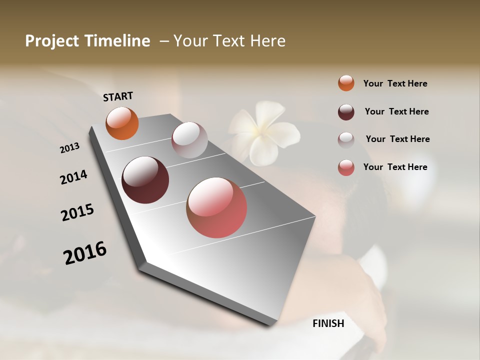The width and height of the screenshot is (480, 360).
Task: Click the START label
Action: pyautogui.click(x=118, y=96)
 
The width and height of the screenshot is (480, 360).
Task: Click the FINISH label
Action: pyautogui.click(x=328, y=323)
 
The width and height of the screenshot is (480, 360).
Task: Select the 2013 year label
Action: pyautogui.click(x=69, y=147)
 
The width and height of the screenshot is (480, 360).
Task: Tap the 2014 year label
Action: pyautogui.click(x=73, y=177)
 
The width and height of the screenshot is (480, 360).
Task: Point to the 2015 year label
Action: pyautogui.click(x=77, y=212)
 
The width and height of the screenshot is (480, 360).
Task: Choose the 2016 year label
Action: pyautogui.click(x=85, y=252)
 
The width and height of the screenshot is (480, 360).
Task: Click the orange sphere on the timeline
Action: pyautogui.click(x=122, y=123)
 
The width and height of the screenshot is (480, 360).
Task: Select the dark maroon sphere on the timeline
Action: pyautogui.click(x=145, y=180)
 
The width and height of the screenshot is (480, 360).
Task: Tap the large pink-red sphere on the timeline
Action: pyautogui.click(x=216, y=207)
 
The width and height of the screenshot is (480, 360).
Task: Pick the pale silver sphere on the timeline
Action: pyautogui.click(x=189, y=140)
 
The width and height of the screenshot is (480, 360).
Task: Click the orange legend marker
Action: pyautogui.click(x=346, y=83)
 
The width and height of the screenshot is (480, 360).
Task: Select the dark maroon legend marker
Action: pyautogui.click(x=346, y=111)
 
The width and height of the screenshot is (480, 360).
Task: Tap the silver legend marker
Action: pyautogui.click(x=346, y=139)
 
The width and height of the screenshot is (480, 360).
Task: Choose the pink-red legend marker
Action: pyautogui.click(x=346, y=167)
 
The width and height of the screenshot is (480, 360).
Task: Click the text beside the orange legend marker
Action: pyautogui.click(x=395, y=83)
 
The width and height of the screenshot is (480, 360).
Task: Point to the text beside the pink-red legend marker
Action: pyautogui.click(x=395, y=167)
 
